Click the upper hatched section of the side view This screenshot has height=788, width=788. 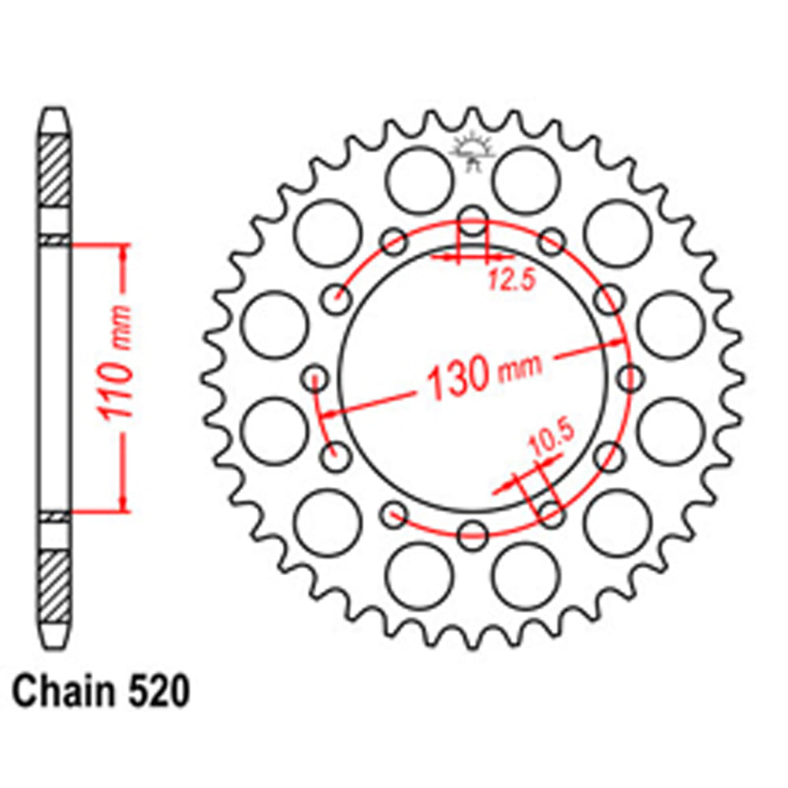pos(54,170)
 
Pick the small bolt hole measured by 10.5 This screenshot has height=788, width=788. pos(552,515)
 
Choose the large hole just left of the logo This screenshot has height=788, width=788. pos(418,179)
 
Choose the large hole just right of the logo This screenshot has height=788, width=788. pos(526,179)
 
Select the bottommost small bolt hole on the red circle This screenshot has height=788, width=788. pos(473,536)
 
